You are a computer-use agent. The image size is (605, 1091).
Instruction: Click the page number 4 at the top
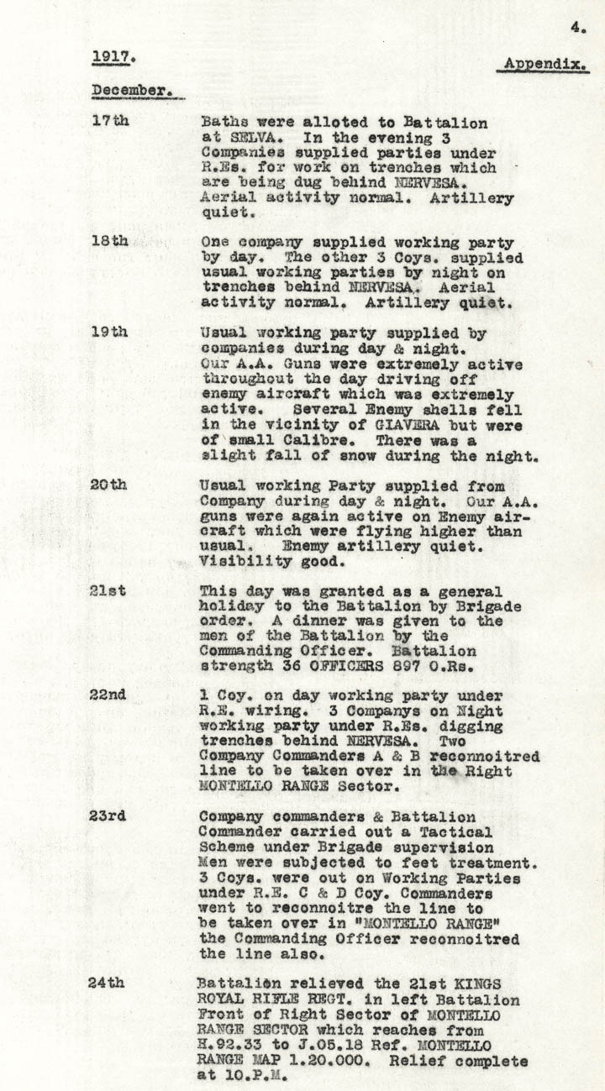coord(577,27)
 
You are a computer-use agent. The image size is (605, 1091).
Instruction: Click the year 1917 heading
coord(113,57)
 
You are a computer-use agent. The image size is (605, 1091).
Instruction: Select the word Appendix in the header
coord(546,65)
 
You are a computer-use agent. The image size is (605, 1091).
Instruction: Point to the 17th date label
coord(110,120)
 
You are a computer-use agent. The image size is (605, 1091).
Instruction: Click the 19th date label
coord(110,332)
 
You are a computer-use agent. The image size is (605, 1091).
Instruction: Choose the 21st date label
coord(109,590)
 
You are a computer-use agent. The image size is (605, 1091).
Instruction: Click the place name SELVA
coord(242,138)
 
